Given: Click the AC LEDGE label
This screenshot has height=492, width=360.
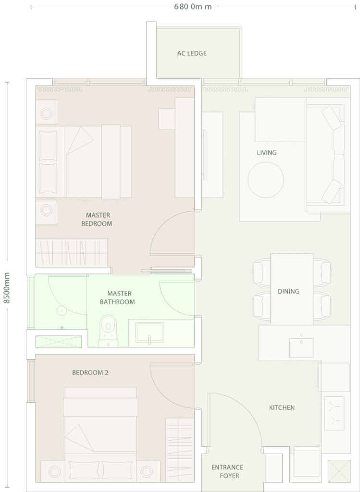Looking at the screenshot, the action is click(192, 53).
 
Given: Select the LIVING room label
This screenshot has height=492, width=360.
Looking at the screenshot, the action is click(266, 153).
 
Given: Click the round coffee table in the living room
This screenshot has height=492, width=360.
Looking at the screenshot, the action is click(266, 180).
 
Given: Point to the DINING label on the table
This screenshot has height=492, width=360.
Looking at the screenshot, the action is click(288, 291).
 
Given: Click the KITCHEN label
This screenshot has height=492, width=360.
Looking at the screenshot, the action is click(282, 407).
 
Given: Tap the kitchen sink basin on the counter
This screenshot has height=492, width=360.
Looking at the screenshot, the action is click(301, 348).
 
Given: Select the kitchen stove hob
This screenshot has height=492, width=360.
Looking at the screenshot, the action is click(334, 413).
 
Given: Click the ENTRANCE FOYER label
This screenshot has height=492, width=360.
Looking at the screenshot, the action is click(227, 472).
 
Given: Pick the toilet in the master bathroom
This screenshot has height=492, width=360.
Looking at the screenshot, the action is click(108, 332).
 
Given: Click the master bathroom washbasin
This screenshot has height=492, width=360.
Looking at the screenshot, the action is click(149, 332).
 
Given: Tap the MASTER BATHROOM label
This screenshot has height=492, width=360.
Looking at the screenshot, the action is click(118, 298).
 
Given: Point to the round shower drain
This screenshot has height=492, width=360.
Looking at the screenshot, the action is click(62, 311).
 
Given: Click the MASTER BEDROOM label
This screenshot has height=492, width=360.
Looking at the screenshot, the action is click(97, 219).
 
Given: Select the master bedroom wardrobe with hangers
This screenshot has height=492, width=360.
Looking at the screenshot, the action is click(72, 253).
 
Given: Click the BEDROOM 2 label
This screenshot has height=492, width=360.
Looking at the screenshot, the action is click(90, 373).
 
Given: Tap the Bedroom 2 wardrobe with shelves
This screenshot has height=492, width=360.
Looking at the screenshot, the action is click(180, 450).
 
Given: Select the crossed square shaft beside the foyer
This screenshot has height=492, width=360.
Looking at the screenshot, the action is click(339, 471).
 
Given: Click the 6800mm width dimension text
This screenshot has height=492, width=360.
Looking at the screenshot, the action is click(193, 7).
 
